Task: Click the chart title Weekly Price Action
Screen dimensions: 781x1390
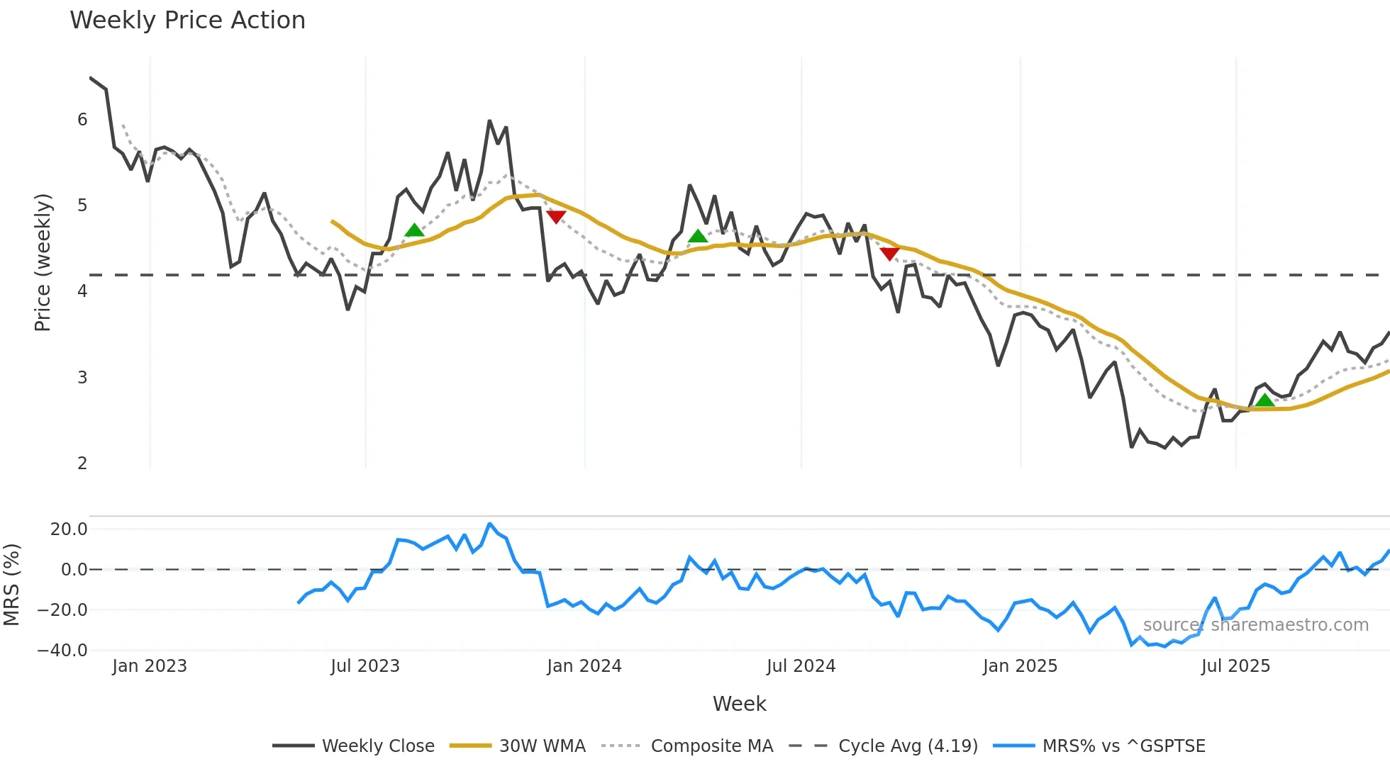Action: [187, 21]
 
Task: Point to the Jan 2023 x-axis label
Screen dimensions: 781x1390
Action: [150, 666]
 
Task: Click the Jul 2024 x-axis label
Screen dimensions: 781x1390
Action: [801, 666]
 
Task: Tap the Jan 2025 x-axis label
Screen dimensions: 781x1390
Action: [1020, 666]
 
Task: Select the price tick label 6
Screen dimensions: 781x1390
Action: [82, 120]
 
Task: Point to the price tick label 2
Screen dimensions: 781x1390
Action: [82, 463]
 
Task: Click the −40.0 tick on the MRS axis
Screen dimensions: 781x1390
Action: [62, 651]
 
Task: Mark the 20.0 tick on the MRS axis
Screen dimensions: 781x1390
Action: [69, 529]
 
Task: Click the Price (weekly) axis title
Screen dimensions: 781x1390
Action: [43, 262]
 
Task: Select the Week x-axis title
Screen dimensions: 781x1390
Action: [739, 704]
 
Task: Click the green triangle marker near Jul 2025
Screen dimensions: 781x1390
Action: [1264, 400]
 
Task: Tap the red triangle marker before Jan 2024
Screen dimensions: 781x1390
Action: [556, 216]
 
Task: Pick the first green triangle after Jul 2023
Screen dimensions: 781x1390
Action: [414, 230]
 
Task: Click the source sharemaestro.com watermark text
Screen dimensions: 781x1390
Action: [1255, 625]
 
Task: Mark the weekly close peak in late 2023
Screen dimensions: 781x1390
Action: [489, 121]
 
